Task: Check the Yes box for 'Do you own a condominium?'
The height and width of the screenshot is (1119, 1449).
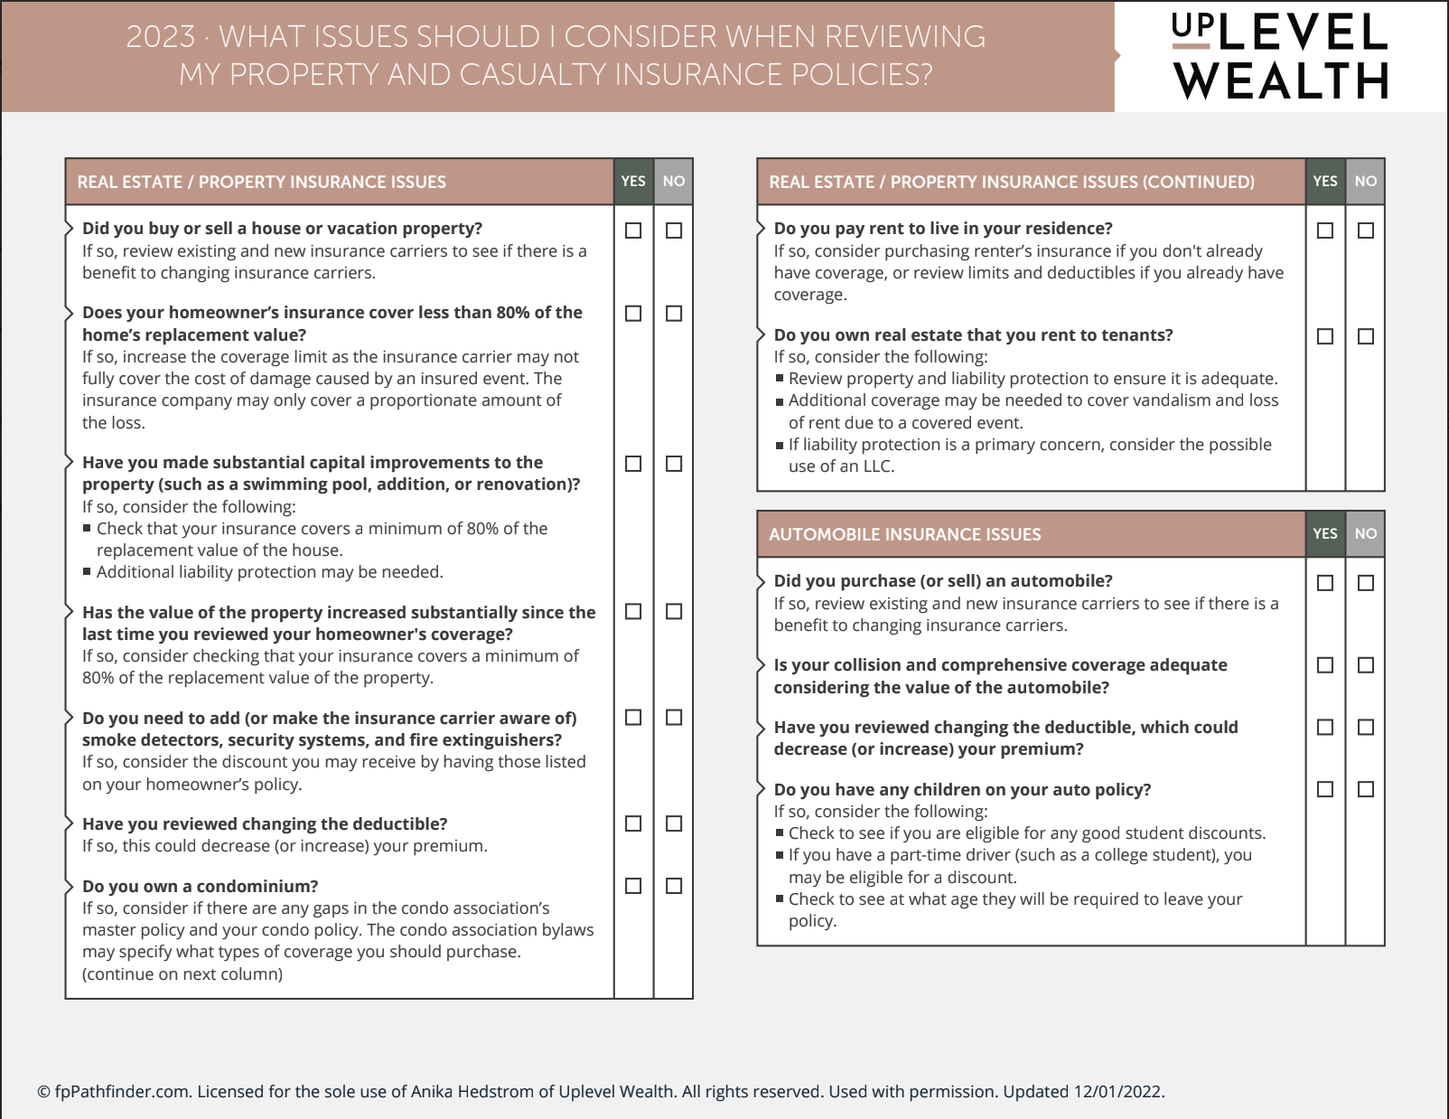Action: pos(633,886)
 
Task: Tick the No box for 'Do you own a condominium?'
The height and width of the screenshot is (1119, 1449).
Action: pos(674,886)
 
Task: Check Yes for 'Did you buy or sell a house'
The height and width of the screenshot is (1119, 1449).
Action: pos(633,230)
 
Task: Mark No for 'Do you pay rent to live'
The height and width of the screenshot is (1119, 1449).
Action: pos(1366,230)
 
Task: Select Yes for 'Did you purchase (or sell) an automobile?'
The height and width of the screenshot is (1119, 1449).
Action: pos(1325,583)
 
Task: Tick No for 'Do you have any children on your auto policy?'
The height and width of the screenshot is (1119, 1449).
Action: pos(1366,789)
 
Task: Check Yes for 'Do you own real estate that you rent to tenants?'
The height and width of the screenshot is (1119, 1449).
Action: pos(1325,336)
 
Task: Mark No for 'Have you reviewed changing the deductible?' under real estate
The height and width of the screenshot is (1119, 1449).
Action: pos(674,823)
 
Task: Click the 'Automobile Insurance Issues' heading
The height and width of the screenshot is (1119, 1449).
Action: pos(904,534)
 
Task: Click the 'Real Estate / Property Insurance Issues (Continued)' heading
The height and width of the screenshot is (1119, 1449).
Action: pos(1011,182)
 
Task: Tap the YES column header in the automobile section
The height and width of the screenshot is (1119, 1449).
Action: pos(1325,533)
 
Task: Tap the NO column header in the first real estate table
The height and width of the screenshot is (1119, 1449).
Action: pos(674,181)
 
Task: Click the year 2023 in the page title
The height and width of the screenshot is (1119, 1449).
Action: pos(161,36)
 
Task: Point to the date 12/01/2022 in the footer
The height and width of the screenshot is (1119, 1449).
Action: pos(1118,1091)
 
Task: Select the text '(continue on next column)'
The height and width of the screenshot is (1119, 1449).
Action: pos(182,973)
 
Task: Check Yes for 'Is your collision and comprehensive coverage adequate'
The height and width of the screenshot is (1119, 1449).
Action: pos(1325,665)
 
